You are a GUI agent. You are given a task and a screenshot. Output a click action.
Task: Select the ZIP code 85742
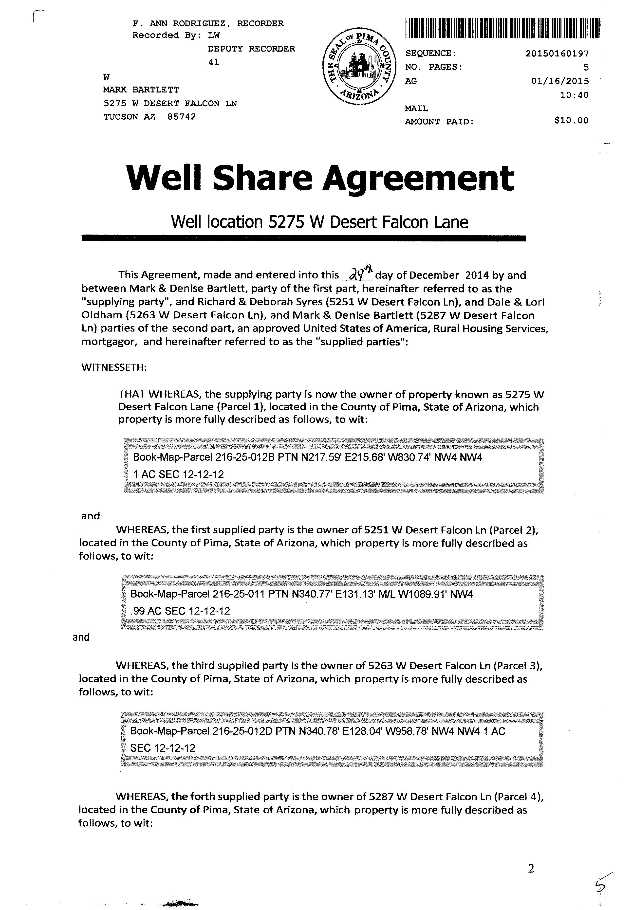click(x=182, y=117)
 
